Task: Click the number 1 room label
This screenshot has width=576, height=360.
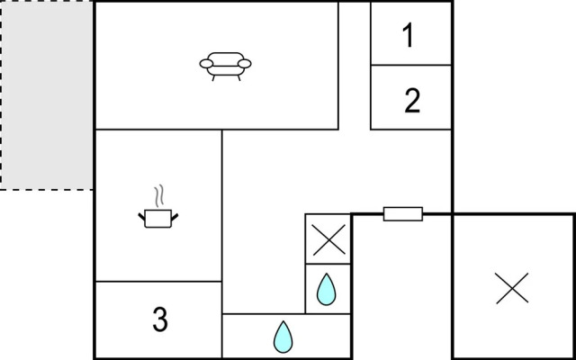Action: point(408,35)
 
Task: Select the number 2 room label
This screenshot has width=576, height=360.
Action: point(412,101)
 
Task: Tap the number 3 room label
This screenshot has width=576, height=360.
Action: point(160,319)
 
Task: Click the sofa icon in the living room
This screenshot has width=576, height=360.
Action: point(226,67)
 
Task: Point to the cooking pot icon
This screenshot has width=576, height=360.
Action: point(158,218)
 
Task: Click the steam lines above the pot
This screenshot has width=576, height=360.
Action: point(158,196)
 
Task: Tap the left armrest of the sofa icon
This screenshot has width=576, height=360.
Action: point(206,64)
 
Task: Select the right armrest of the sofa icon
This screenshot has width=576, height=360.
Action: point(245,64)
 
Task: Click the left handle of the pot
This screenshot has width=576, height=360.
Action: point(141,217)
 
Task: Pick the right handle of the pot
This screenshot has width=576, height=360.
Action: point(175,217)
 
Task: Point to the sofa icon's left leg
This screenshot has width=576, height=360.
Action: point(213,78)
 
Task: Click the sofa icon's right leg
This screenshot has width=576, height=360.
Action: point(238,78)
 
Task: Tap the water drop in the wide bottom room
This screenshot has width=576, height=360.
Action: point(283,337)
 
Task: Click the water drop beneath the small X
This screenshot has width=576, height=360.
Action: point(326,290)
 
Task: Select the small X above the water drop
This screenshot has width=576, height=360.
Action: point(328,239)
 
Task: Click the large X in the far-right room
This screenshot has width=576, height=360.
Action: point(512,288)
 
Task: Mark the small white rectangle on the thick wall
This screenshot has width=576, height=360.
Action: point(403,214)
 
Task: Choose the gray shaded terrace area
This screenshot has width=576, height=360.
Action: point(46,95)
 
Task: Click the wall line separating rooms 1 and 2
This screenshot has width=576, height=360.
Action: point(411,65)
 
